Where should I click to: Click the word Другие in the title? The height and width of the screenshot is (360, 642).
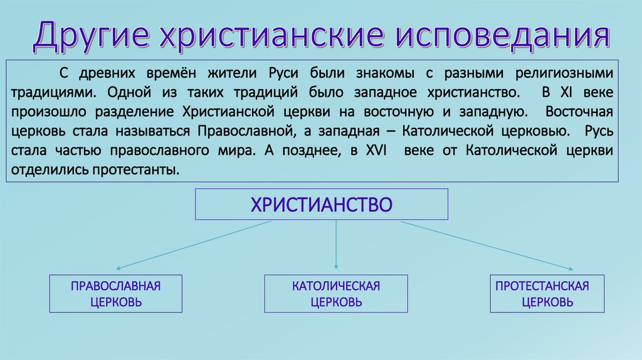pos(91,36)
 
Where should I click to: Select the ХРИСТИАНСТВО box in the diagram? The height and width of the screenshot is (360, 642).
pos(322,205)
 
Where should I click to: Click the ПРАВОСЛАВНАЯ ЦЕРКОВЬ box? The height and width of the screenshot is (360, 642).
pos(116,294)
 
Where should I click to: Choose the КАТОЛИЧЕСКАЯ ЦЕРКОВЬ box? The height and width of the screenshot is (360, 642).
pos(336,294)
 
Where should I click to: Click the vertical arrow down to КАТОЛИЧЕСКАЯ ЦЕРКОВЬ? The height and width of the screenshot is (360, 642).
pos(337,245)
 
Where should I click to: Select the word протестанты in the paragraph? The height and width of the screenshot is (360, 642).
pos(144,171)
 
